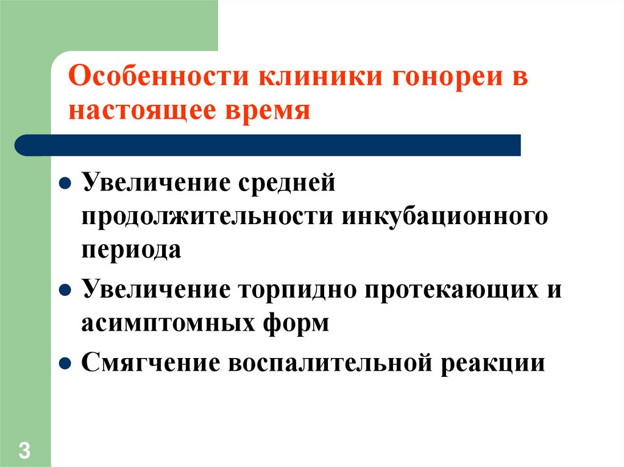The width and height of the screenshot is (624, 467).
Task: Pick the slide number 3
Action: click(x=24, y=451)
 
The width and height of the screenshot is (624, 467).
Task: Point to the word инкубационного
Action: click(x=445, y=216)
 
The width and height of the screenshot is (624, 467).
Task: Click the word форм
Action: click(x=299, y=322)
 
